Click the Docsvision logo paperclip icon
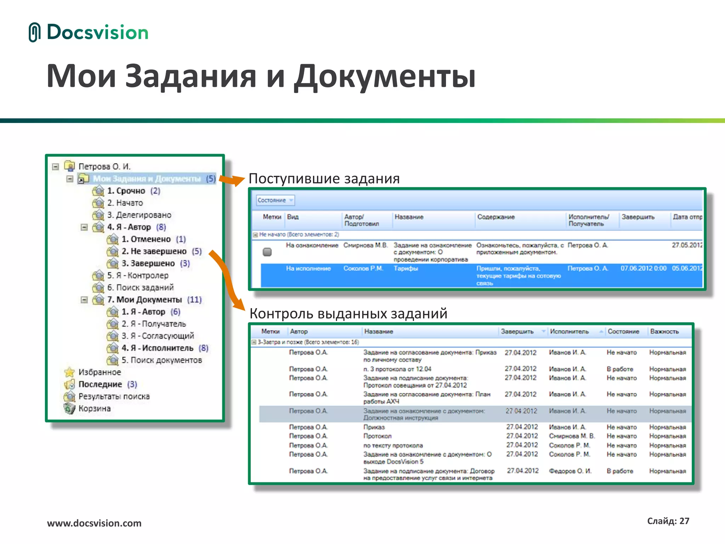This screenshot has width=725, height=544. click(34, 32)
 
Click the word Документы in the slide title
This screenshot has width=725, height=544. click(385, 76)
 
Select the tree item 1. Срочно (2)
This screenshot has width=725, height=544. click(133, 191)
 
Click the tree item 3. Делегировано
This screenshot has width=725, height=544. click(139, 215)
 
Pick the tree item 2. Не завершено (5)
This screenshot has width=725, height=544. click(161, 251)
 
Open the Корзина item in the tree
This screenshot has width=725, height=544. click(94, 409)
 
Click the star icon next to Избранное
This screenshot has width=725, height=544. click(70, 372)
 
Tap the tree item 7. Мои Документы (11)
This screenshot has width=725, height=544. click(154, 300)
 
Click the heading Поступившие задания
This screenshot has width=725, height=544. click(324, 178)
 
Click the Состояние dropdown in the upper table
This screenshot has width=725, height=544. click(275, 200)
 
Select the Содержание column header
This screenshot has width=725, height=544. click(496, 217)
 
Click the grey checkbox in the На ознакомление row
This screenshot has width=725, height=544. click(267, 252)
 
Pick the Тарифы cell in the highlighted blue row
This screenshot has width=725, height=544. click(406, 269)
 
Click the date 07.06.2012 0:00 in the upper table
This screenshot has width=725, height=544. click(643, 268)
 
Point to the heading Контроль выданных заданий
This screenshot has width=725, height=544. click(348, 314)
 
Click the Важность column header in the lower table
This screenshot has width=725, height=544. click(664, 332)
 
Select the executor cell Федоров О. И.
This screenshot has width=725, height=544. click(570, 471)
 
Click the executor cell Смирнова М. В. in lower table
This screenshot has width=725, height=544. click(571, 436)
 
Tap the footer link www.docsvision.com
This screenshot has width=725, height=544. click(94, 523)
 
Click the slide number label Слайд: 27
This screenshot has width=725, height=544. click(668, 521)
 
